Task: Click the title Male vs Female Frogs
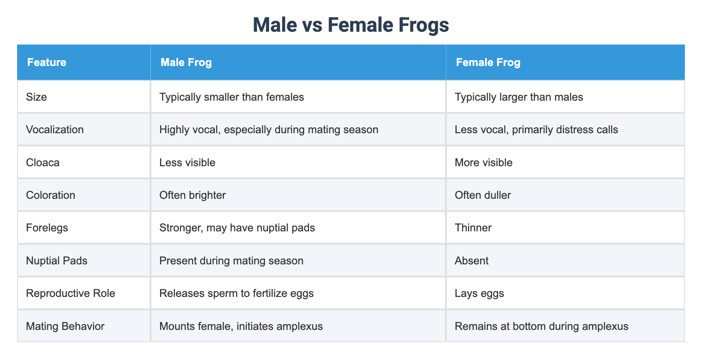pyautogui.click(x=351, y=25)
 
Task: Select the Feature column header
pyautogui.click(x=46, y=63)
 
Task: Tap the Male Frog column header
pyautogui.click(x=186, y=63)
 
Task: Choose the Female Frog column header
pyautogui.click(x=488, y=63)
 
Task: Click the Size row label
pyautogui.click(x=36, y=97)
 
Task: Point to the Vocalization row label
pyautogui.click(x=55, y=130)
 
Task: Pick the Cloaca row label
pyautogui.click(x=43, y=162)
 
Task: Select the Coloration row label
pyautogui.click(x=51, y=195)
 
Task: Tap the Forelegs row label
pyautogui.click(x=47, y=228)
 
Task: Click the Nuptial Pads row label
pyautogui.click(x=57, y=261)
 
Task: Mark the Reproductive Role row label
pyautogui.click(x=71, y=294)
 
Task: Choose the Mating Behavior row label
pyautogui.click(x=65, y=326)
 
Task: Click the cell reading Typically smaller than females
pyautogui.click(x=231, y=97)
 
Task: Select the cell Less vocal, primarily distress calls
pyautogui.click(x=536, y=130)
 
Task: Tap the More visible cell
pyautogui.click(x=483, y=162)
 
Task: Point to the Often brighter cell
pyautogui.click(x=193, y=195)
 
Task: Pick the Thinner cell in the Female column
pyautogui.click(x=473, y=228)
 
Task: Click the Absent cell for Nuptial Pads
pyautogui.click(x=471, y=261)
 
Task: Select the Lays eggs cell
pyautogui.click(x=479, y=294)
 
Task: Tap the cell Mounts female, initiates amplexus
pyautogui.click(x=241, y=326)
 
